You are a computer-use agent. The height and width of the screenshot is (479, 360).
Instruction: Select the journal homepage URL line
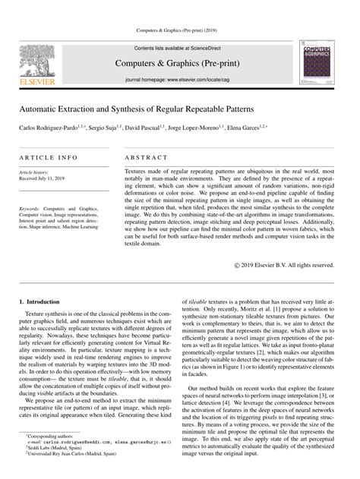click(x=180, y=79)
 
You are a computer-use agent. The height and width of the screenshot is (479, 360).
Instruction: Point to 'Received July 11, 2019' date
click(x=45, y=179)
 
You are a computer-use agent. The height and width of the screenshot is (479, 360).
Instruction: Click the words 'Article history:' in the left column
click(x=36, y=173)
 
